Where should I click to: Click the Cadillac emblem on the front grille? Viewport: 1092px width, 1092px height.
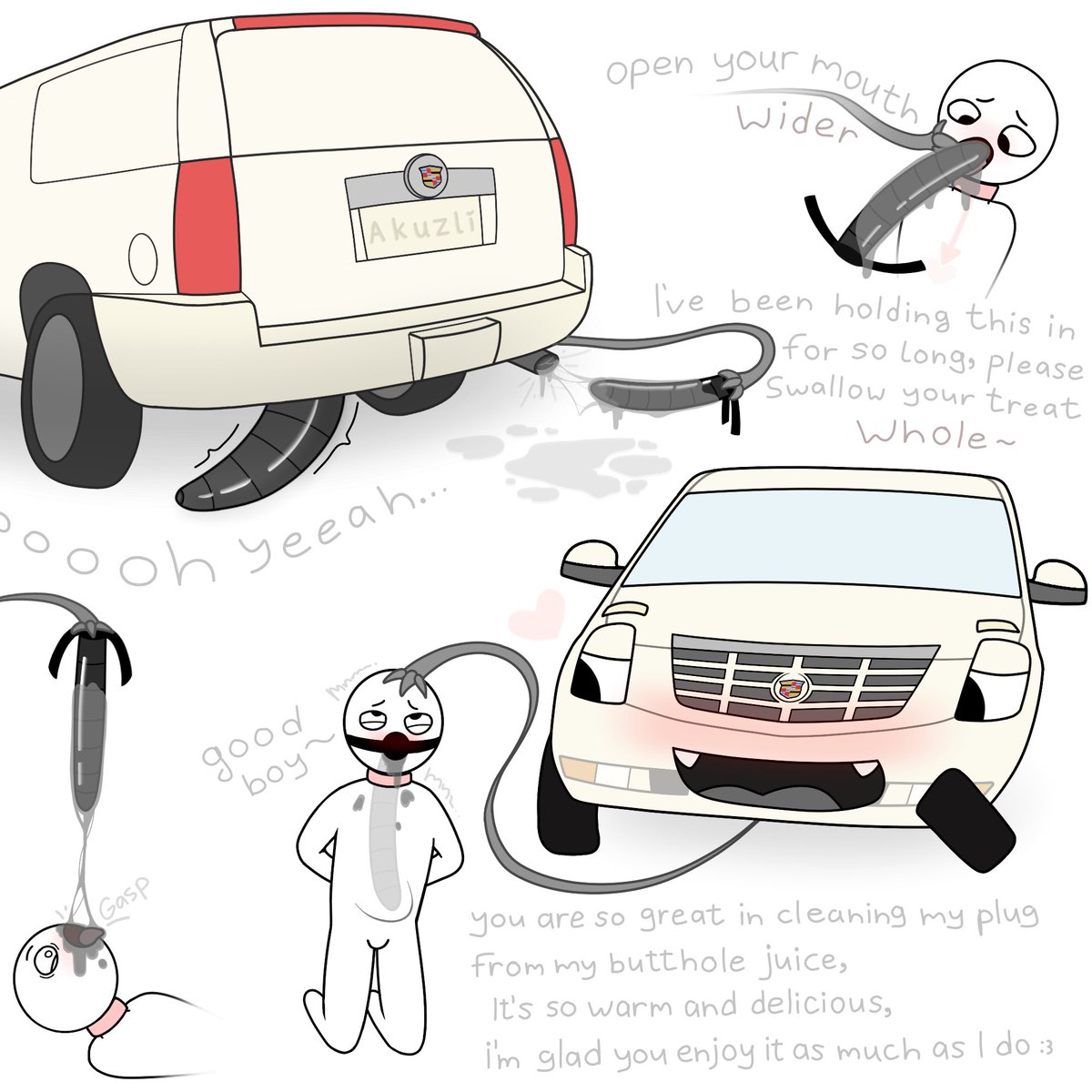(791, 687)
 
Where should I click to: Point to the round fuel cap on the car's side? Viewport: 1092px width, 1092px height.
(142, 259)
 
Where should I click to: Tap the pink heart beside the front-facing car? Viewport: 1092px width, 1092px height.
(537, 615)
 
